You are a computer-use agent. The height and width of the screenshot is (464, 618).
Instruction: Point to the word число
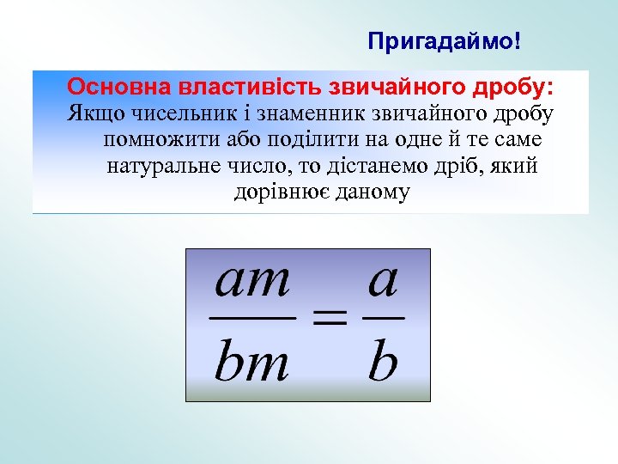(x=253, y=166)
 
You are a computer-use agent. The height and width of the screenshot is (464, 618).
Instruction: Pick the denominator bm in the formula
(x=251, y=363)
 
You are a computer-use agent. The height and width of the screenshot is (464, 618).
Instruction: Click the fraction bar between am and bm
(x=252, y=318)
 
